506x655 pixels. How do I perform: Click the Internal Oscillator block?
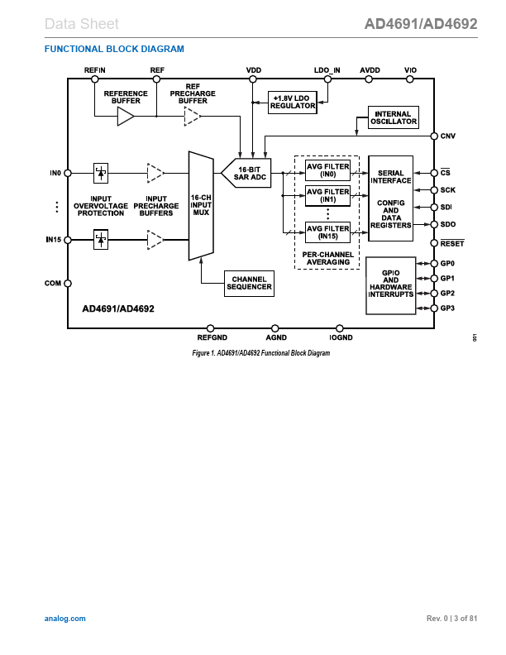point(393,117)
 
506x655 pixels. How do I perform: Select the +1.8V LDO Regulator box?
point(294,102)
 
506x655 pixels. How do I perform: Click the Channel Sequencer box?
point(249,284)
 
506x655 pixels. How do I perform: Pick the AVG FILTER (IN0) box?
point(327,170)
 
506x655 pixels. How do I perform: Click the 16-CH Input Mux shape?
point(201,205)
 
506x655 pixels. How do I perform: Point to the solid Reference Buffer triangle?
point(126,117)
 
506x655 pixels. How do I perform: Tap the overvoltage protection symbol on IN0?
point(100,173)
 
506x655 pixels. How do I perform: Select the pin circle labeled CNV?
point(433,136)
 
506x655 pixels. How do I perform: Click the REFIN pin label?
point(95,70)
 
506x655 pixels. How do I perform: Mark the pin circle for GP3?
point(433,308)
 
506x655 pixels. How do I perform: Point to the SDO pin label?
point(448,225)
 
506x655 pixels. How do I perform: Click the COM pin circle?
point(68,284)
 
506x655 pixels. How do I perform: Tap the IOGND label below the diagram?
point(340,338)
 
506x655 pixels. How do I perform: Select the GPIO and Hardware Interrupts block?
point(391,284)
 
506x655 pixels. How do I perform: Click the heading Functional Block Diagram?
point(114,49)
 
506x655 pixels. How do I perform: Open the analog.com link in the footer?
point(64,619)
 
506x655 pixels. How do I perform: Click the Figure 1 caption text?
point(260,353)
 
